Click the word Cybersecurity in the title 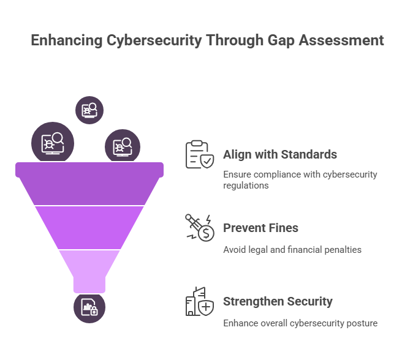tap(154, 40)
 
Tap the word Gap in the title tap(281, 41)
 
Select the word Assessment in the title tap(341, 40)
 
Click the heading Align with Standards tap(280, 154)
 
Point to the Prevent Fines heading tap(260, 228)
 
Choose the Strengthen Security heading tap(278, 302)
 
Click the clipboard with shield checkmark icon tap(200, 154)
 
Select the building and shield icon tap(200, 301)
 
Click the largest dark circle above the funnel tap(53, 143)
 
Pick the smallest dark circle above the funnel tap(89, 110)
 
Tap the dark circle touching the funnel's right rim tap(123, 146)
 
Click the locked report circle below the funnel tap(89, 307)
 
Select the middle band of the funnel tap(89, 228)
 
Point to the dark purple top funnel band tap(89, 184)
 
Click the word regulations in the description tap(246, 186)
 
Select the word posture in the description tap(362, 323)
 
